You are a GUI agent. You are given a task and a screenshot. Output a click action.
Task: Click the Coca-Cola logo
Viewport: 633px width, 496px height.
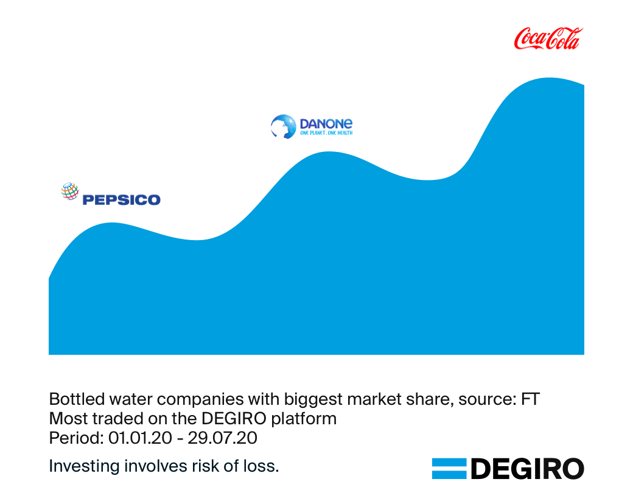pyautogui.click(x=548, y=38)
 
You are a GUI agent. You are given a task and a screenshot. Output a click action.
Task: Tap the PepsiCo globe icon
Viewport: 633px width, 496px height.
pyautogui.click(x=70, y=191)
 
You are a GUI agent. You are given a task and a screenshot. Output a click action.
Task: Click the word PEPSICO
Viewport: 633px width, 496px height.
pyautogui.click(x=121, y=199)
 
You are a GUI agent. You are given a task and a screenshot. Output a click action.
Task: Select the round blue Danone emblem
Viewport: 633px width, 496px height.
pyautogui.click(x=282, y=126)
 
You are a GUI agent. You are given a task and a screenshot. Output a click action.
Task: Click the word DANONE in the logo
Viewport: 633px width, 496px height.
pyautogui.click(x=326, y=123)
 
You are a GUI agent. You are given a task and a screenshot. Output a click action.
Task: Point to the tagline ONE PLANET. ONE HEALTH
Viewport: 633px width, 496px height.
pyautogui.click(x=326, y=133)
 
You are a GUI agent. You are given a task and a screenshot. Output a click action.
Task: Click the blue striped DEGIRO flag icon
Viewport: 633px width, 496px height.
pyautogui.click(x=449, y=469)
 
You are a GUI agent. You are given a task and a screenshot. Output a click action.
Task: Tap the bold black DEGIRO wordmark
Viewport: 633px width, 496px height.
pyautogui.click(x=527, y=469)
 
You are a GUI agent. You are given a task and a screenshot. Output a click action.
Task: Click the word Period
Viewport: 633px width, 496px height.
pyautogui.click(x=69, y=438)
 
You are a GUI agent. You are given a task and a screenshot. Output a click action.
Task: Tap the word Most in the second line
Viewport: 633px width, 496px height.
pyautogui.click(x=64, y=419)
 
